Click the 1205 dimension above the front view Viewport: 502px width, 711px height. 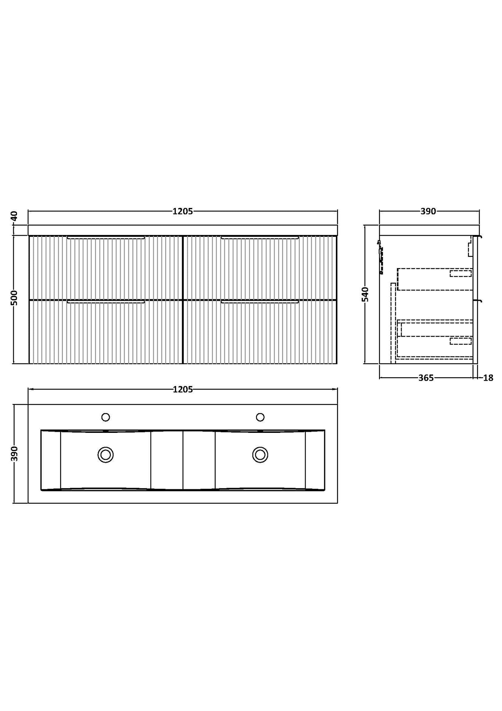182,211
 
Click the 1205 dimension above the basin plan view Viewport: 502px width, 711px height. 182,390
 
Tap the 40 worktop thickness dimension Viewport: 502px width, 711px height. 14,216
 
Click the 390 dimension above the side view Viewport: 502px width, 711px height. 428,211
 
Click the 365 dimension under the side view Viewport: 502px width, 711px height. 426,378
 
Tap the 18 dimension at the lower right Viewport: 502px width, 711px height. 488,378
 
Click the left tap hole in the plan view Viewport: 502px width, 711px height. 106,417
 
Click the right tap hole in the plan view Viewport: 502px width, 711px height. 260,417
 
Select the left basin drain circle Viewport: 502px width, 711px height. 106,454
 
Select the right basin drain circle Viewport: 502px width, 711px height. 260,454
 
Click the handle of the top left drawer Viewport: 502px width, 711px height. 106,237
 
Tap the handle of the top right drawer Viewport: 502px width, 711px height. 260,237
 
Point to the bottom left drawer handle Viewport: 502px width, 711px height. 106,302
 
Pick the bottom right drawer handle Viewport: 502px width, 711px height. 260,302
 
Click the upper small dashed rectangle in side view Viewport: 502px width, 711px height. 461,273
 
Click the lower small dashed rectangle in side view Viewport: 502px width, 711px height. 461,341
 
